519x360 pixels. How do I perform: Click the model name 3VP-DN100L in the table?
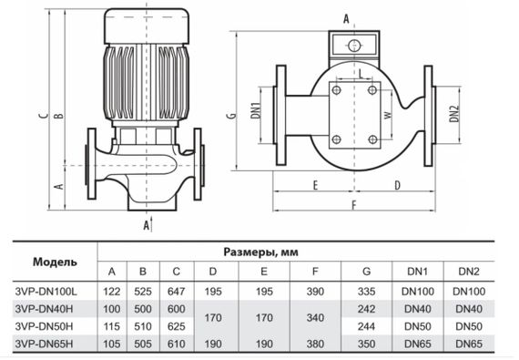[48, 290]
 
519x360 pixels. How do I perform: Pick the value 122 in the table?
[112, 290]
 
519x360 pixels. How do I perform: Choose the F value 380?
[315, 342]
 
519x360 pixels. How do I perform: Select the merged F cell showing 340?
[315, 316]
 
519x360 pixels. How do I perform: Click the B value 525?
[143, 290]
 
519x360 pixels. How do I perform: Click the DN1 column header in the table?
[418, 272]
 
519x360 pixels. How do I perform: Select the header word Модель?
[55, 262]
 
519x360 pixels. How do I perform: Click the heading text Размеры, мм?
[261, 252]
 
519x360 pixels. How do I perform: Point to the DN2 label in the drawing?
[454, 113]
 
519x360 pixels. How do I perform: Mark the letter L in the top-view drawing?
[362, 71]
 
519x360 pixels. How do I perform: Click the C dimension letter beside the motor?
[43, 116]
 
